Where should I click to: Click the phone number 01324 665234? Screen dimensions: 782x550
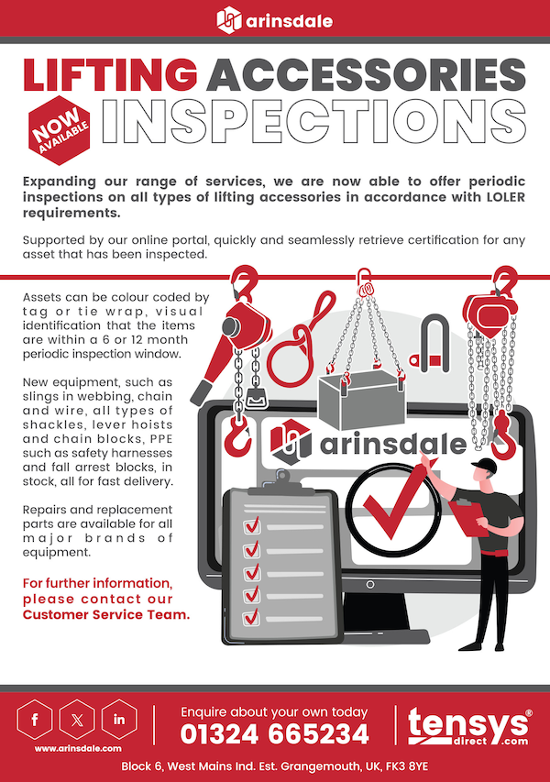tap(274, 734)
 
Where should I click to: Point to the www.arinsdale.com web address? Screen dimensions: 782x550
tap(75, 749)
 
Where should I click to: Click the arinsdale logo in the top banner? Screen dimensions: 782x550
tap(274, 19)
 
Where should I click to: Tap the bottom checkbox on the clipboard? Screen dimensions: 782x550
tap(251, 617)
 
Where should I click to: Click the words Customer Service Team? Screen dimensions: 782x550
tap(105, 614)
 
